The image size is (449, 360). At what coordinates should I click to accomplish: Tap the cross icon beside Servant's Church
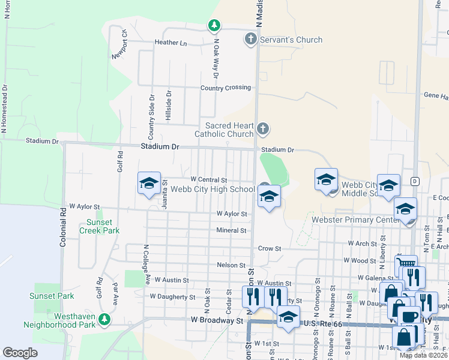point(251,40)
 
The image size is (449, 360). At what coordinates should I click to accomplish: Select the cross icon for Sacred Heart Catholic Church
point(262,128)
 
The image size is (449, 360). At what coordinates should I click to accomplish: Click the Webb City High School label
point(212,190)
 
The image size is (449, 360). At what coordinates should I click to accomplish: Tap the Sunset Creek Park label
point(99,226)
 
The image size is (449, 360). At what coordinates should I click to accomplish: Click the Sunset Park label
point(52,296)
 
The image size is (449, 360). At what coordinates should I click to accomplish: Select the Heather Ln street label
point(170,43)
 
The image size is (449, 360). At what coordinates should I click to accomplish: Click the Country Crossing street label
point(225,88)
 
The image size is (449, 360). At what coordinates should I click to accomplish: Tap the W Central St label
point(208,179)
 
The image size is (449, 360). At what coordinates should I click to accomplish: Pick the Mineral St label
point(232,230)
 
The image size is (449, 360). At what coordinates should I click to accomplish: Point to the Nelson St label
point(231,265)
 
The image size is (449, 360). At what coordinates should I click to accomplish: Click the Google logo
point(20,353)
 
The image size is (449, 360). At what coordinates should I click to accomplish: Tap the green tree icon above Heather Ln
point(214,25)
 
